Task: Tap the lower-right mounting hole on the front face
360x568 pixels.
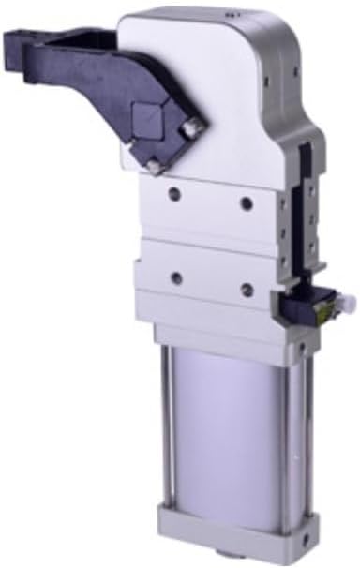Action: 246,288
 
